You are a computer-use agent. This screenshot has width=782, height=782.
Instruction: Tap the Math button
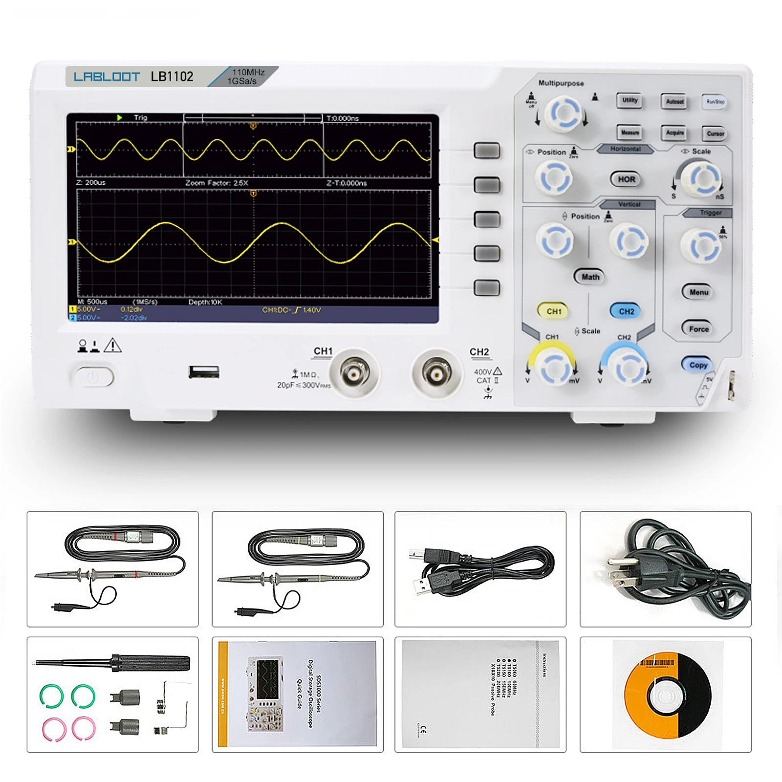click(x=590, y=277)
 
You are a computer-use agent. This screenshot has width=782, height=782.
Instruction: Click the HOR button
click(x=626, y=179)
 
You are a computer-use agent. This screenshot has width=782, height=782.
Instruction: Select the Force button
click(x=698, y=329)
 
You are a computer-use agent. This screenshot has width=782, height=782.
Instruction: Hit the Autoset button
click(x=674, y=101)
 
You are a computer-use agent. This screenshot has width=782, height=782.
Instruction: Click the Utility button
click(x=630, y=100)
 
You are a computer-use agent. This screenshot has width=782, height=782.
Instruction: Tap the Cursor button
click(x=715, y=133)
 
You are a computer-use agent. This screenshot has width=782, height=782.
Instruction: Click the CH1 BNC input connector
click(x=354, y=374)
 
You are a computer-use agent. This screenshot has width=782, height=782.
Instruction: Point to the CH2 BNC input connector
click(x=436, y=374)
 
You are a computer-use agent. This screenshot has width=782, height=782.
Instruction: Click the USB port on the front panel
click(x=204, y=372)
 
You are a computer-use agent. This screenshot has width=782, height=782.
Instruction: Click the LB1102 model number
click(x=172, y=77)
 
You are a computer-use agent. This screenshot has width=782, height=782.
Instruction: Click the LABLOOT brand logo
click(x=107, y=77)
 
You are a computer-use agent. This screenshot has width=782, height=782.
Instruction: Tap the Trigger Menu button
click(x=698, y=292)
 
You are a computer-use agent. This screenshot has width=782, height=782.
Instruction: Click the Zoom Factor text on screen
click(x=217, y=183)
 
